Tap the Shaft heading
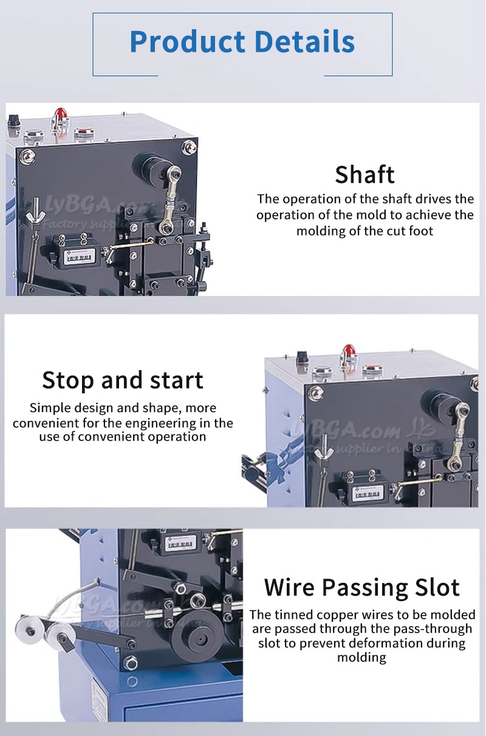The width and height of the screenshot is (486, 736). pyautogui.click(x=364, y=175)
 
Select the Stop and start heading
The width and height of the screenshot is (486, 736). pyautogui.click(x=123, y=380)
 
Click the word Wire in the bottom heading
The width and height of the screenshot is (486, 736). pyautogui.click(x=289, y=588)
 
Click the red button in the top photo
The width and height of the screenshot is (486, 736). pyautogui.click(x=60, y=114)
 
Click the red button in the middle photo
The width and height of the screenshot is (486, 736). pyautogui.click(x=349, y=351)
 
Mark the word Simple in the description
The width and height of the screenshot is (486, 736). pyautogui.click(x=51, y=408)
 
